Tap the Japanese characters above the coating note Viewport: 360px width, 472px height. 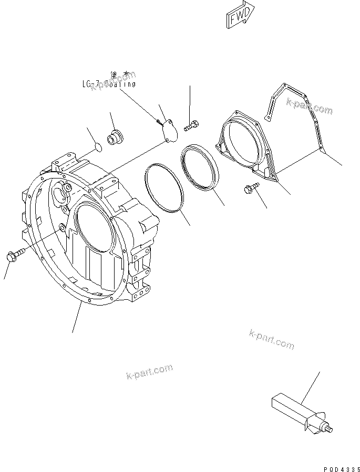click(120, 75)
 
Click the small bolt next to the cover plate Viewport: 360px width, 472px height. click(191, 125)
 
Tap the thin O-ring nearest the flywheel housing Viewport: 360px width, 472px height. click(163, 188)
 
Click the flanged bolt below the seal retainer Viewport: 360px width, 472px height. click(251, 189)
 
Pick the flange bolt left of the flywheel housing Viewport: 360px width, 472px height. click(15, 256)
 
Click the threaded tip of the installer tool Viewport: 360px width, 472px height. click(330, 432)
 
